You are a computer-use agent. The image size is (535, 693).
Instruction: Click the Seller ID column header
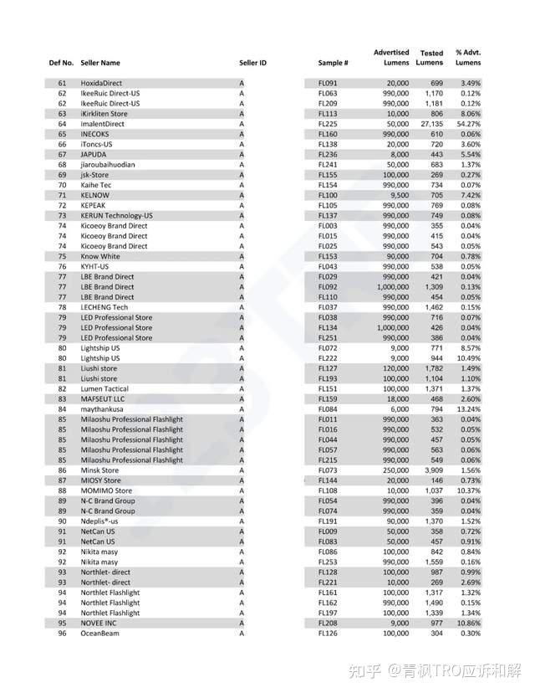[252, 63]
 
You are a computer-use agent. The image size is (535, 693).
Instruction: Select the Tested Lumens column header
[431, 58]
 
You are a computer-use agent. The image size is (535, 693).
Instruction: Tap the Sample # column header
[333, 63]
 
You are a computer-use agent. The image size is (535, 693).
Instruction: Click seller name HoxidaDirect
[101, 84]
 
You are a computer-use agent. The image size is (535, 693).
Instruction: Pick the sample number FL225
[328, 124]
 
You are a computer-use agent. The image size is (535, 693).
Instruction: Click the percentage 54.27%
[469, 124]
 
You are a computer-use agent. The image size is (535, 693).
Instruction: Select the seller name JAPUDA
[95, 155]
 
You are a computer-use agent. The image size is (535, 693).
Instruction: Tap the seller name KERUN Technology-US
[116, 216]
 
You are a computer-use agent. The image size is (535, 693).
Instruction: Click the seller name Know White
[100, 256]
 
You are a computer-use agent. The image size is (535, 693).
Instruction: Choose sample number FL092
[328, 287]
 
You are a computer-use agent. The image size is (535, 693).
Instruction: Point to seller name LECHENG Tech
[104, 307]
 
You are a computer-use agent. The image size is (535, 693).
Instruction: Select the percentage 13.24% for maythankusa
[469, 409]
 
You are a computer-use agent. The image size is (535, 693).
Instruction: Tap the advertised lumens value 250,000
[395, 470]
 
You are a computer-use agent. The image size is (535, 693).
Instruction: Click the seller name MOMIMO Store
[107, 490]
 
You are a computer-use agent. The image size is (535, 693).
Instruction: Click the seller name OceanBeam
[100, 634]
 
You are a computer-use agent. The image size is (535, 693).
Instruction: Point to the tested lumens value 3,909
[432, 470]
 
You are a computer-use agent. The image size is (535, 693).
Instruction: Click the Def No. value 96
[62, 634]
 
